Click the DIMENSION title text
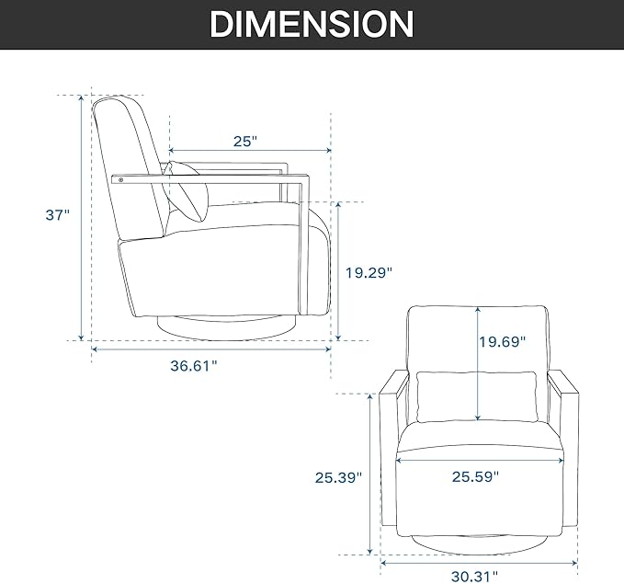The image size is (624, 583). pyautogui.click(x=312, y=24)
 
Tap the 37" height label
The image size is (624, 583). pyautogui.click(x=57, y=215)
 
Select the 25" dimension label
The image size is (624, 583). pyautogui.click(x=245, y=142)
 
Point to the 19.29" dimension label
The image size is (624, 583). pyautogui.click(x=369, y=273)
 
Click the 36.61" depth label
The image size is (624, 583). pyautogui.click(x=194, y=366)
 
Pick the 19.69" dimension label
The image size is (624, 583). pyautogui.click(x=502, y=342)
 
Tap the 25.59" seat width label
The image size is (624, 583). pyautogui.click(x=475, y=476)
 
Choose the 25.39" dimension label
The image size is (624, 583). pyautogui.click(x=339, y=477)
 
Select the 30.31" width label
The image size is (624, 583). pyautogui.click(x=474, y=576)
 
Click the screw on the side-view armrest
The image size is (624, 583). pyautogui.click(x=121, y=180)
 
